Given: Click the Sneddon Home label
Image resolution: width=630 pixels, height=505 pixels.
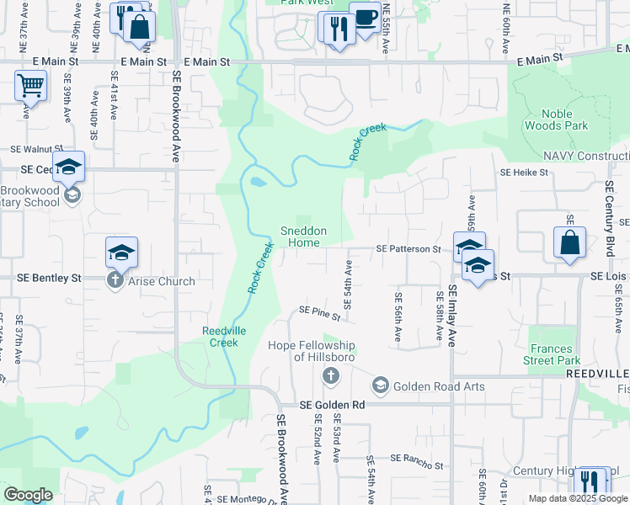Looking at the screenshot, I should pyautogui.click(x=303, y=237).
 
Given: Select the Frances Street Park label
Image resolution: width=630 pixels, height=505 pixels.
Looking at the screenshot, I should pyautogui.click(x=552, y=354).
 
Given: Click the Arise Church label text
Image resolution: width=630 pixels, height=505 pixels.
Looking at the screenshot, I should pyautogui.click(x=161, y=281).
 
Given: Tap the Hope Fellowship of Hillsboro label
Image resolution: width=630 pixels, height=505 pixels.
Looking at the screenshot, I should pyautogui.click(x=312, y=351).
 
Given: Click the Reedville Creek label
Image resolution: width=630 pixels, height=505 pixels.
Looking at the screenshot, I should pyautogui.click(x=224, y=337).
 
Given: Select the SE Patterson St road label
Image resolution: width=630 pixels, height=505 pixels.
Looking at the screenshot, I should pyautogui.click(x=408, y=249).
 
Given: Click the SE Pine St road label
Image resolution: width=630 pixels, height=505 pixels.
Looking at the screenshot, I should pyautogui.click(x=320, y=314).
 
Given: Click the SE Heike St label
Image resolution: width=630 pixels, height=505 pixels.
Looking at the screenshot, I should pyautogui.click(x=524, y=173).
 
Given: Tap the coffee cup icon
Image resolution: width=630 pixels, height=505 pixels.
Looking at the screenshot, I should pyautogui.click(x=365, y=18).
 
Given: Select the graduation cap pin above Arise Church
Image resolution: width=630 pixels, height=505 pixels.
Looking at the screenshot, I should pyautogui.click(x=121, y=252).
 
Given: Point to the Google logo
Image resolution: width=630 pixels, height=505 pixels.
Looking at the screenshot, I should pyautogui.click(x=29, y=495).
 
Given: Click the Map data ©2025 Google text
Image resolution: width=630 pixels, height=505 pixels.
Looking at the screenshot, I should pyautogui.click(x=577, y=498).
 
